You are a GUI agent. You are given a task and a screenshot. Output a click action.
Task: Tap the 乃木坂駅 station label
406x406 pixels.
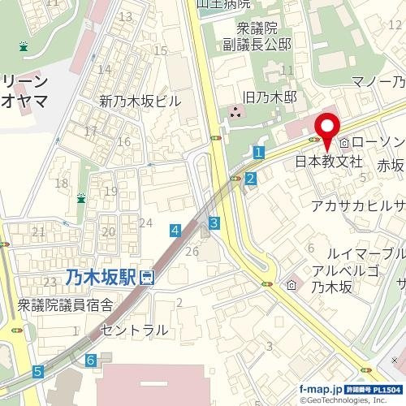point(101,278)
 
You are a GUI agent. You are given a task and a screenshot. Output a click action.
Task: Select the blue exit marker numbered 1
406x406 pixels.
point(258,152)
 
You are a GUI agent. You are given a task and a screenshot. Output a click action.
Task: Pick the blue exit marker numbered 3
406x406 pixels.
point(214,222)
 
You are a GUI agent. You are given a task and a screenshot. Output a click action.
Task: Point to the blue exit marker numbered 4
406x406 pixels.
point(175,231)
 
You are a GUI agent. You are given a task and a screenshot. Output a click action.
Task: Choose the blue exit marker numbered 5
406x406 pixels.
point(37,372)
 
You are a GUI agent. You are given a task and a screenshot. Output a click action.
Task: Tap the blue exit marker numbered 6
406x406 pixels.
point(91,359)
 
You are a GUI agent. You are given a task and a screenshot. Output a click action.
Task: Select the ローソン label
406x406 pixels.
point(378,143)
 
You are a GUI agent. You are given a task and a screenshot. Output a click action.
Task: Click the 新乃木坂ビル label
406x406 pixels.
point(140,101)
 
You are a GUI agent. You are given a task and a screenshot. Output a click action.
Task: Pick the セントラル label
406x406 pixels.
point(135,330)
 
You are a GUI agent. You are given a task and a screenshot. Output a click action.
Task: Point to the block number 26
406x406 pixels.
point(192,252)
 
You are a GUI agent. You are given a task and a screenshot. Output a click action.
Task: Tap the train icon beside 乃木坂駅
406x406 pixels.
point(147,278)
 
